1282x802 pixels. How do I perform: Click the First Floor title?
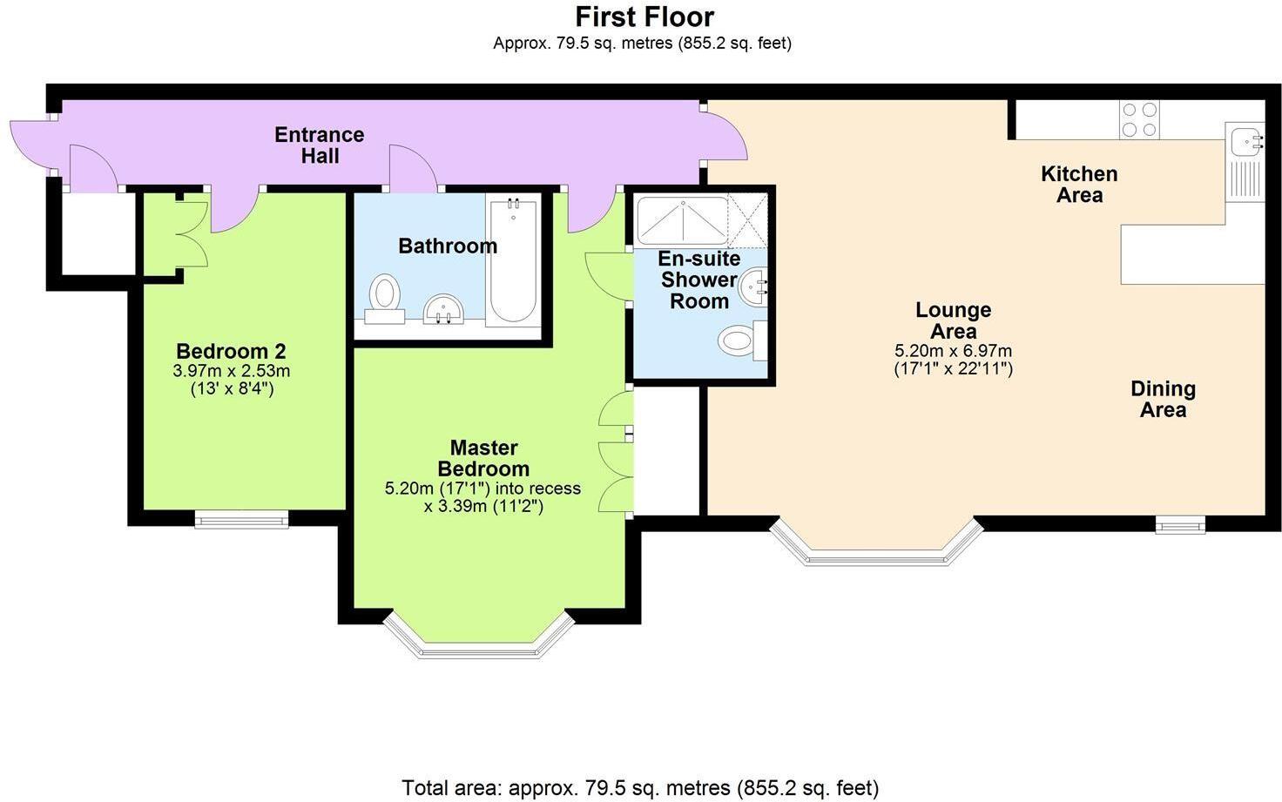(644, 17)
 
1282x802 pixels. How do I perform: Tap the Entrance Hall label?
(319, 145)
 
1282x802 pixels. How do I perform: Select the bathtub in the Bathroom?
(511, 263)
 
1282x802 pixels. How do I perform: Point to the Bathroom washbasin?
(445, 309)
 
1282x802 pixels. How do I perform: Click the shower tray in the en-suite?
(682, 220)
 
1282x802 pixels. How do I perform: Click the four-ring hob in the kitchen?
(1139, 119)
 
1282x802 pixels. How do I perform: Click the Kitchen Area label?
(1079, 184)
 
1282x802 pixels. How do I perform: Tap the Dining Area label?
(1163, 399)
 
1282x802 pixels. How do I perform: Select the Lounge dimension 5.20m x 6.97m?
(953, 351)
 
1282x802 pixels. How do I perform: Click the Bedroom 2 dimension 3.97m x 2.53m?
(232, 371)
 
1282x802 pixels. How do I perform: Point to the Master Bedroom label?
(483, 458)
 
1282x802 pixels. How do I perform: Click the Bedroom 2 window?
(241, 521)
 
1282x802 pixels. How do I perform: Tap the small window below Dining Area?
(1180, 524)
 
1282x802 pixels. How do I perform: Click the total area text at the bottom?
(640, 788)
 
